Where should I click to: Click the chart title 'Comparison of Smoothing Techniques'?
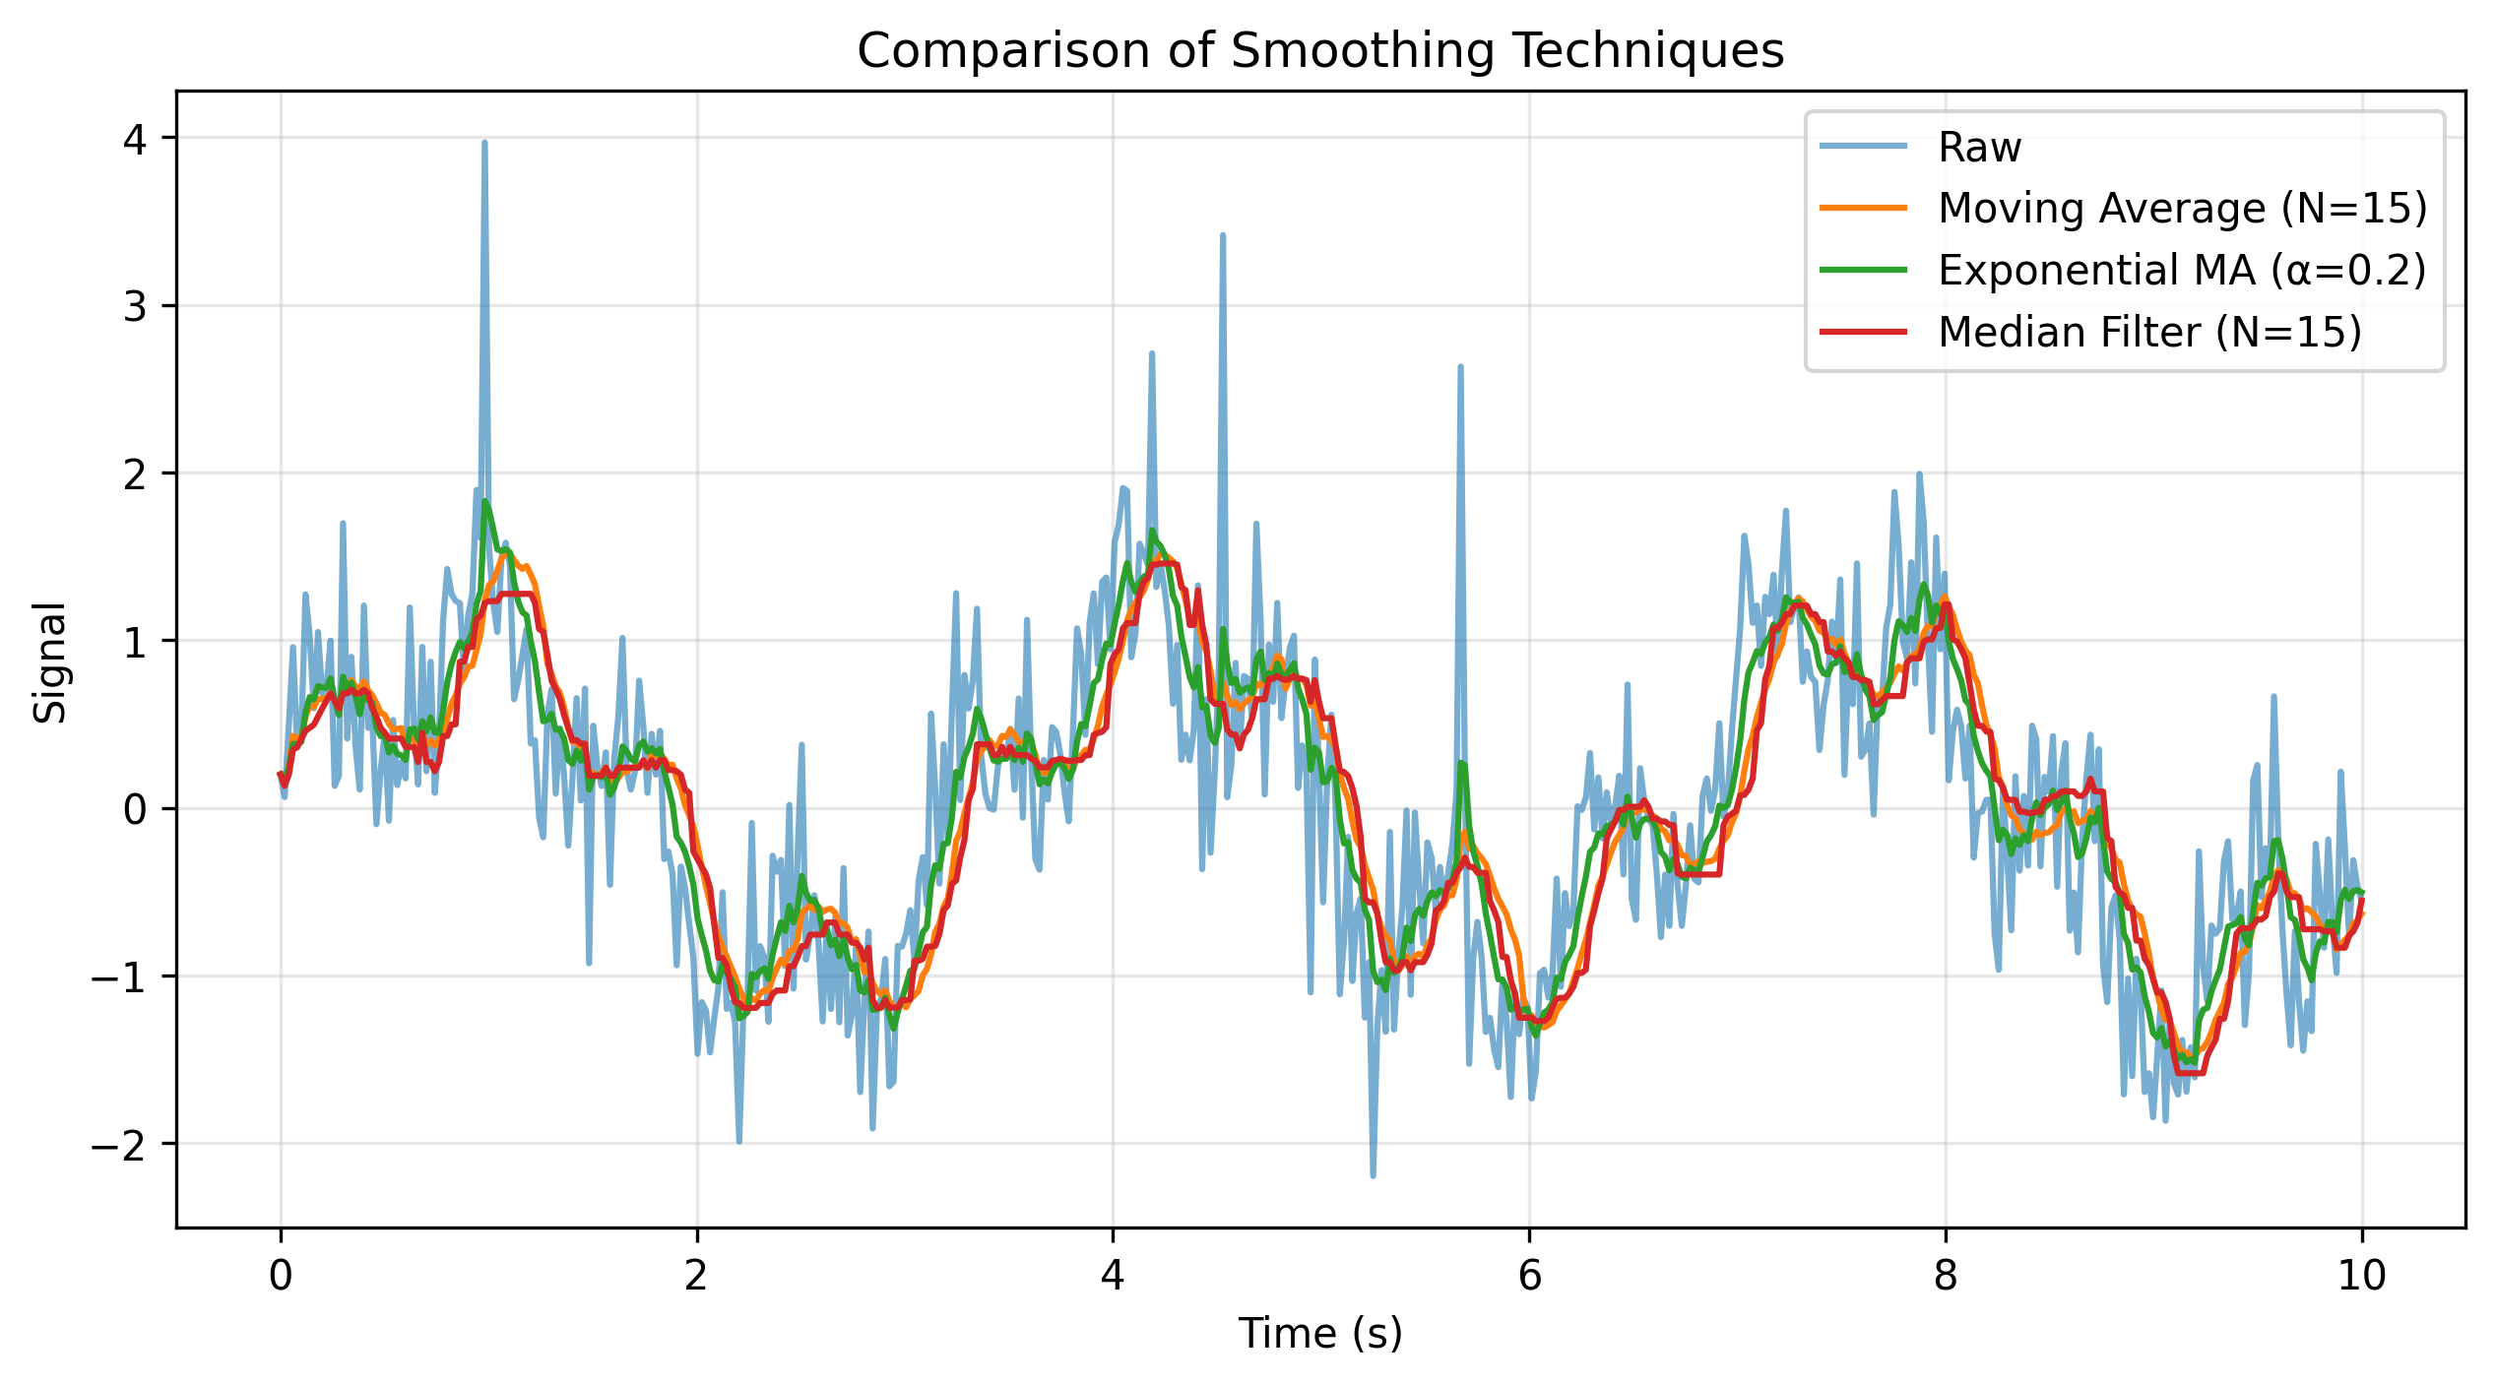coord(1319,51)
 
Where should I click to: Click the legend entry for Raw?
coord(1979,148)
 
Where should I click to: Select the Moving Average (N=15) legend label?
coord(2182,209)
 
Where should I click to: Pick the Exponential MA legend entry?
coord(2182,270)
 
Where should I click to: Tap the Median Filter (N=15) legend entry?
coord(2149,332)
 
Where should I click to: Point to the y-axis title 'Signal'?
coord(49,662)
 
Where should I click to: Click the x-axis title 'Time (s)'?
coord(1319,1334)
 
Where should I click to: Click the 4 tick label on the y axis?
coord(135,139)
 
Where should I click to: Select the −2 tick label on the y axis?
coord(118,1145)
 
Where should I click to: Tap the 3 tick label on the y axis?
coord(135,306)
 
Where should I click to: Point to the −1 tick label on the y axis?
coord(118,977)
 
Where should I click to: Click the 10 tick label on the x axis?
coord(2361,1276)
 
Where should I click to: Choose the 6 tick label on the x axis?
coord(1529,1276)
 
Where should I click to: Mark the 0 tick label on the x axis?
coord(281,1276)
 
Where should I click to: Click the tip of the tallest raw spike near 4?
coord(484,143)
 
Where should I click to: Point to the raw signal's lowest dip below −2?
coord(1373,1175)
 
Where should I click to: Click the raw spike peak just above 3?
coord(1222,235)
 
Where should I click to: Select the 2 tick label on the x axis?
coord(697,1276)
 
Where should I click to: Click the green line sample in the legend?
coord(1864,270)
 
